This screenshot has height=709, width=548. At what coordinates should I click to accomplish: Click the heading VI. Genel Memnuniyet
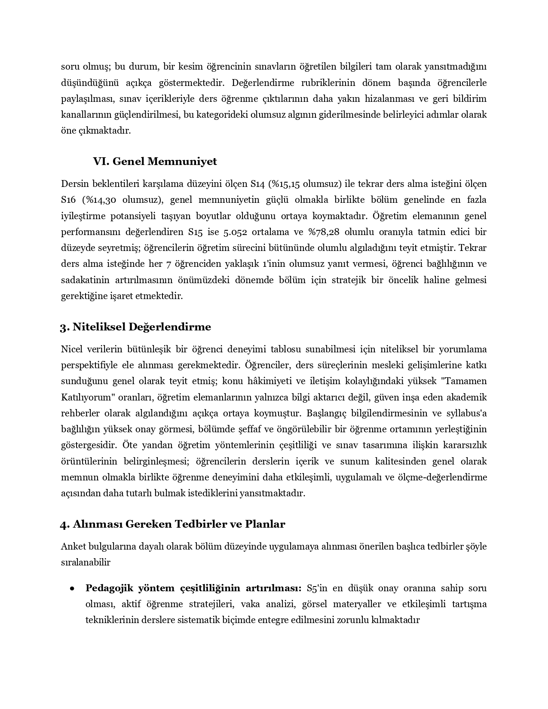(155, 162)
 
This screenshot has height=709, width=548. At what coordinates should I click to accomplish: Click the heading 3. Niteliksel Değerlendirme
(135, 327)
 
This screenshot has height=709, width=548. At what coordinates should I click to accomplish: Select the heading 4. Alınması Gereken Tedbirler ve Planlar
(172, 524)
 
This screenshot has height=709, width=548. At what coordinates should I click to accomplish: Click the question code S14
(258, 184)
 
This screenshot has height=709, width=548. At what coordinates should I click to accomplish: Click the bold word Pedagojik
(109, 588)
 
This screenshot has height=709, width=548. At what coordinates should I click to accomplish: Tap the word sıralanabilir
(86, 562)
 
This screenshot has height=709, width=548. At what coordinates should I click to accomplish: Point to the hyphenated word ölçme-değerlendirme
(444, 477)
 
